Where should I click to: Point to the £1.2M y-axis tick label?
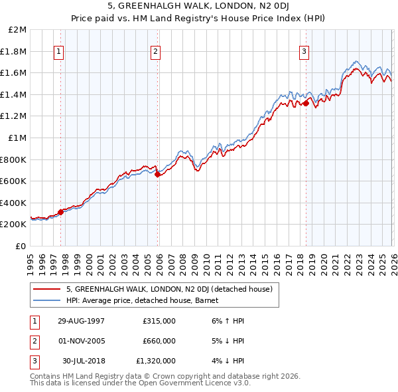(x=15, y=116)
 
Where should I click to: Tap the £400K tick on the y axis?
(x=15, y=203)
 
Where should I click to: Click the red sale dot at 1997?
(x=61, y=212)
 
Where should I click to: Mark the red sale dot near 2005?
(x=158, y=175)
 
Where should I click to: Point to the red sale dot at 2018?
(x=306, y=103)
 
